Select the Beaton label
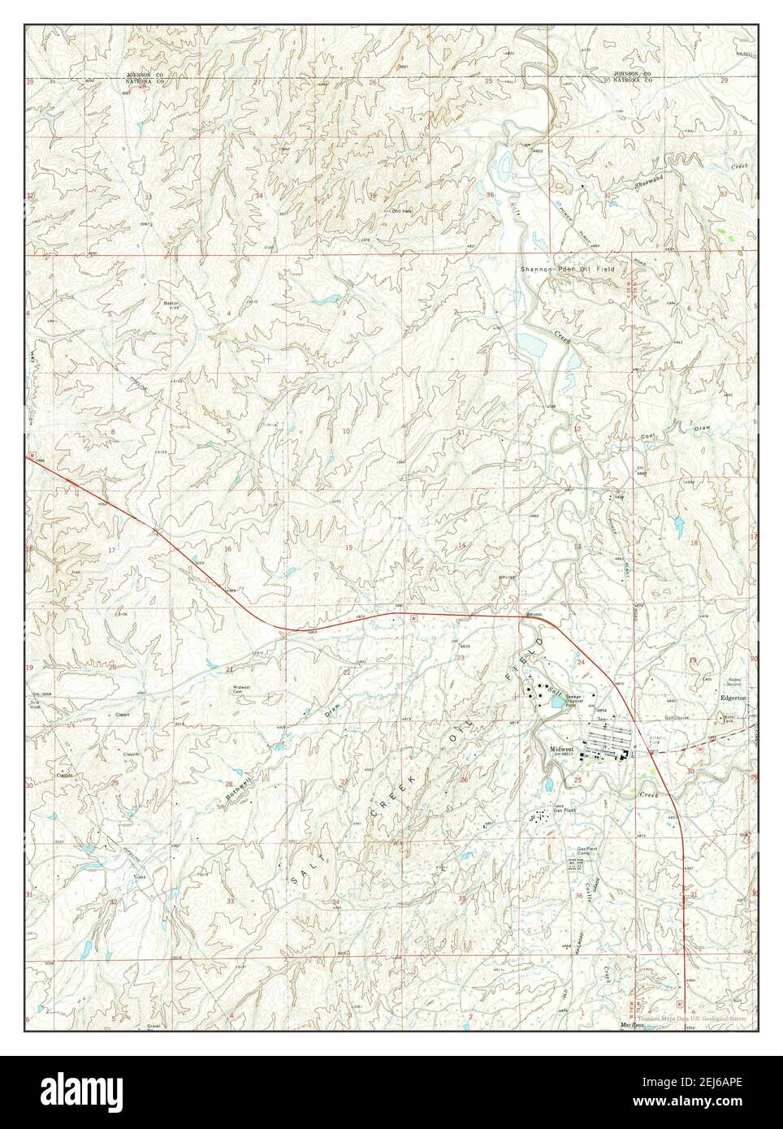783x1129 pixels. click(x=171, y=302)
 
